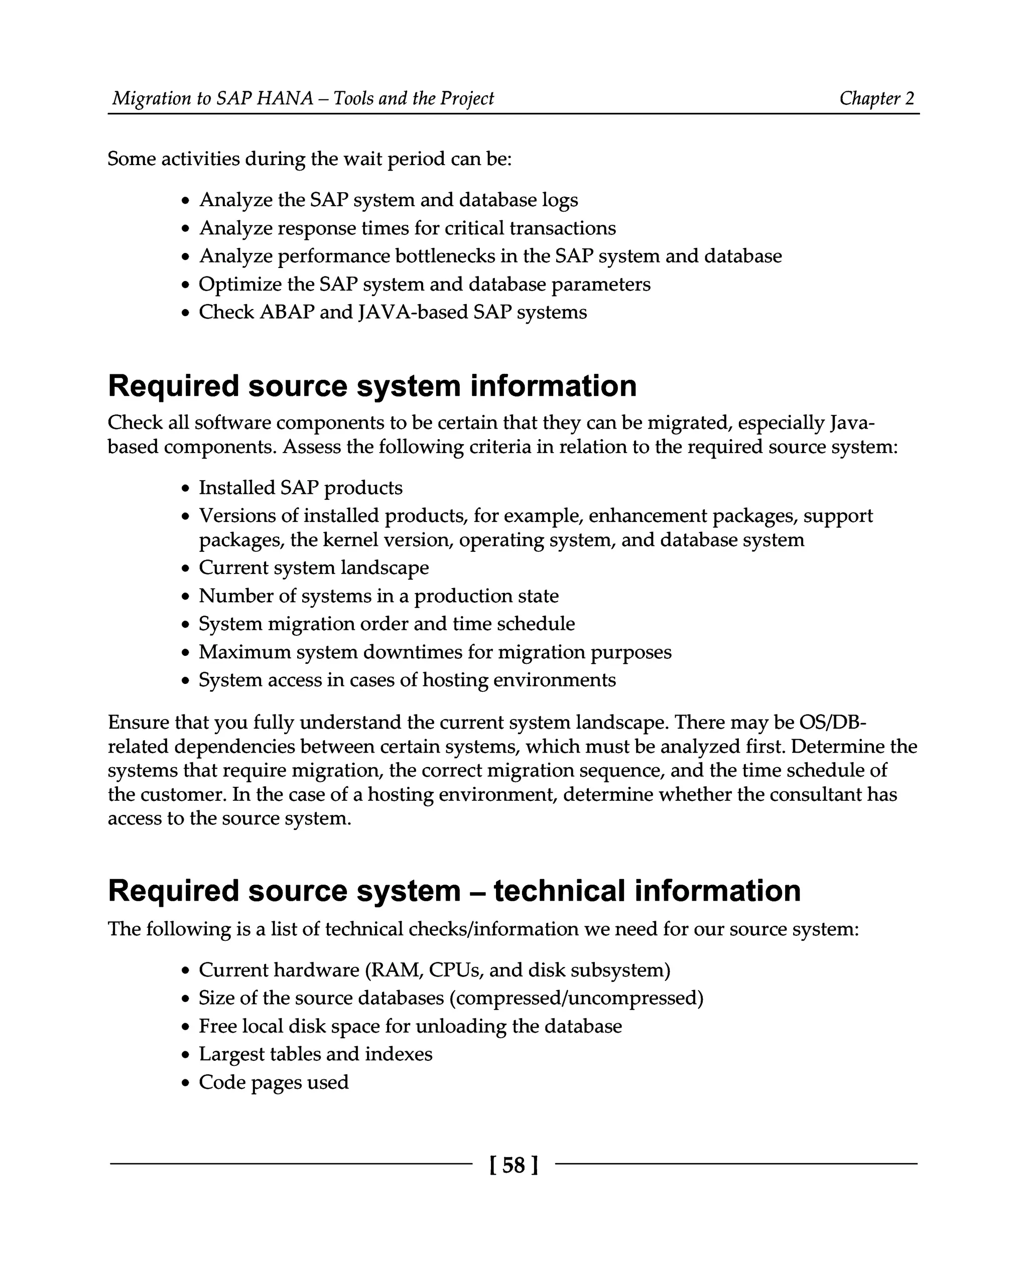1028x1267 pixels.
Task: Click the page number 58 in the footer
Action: [513, 1165]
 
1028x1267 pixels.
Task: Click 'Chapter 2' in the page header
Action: [876, 98]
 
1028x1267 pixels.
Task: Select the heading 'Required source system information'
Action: [372, 386]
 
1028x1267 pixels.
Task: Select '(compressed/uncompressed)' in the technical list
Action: [576, 998]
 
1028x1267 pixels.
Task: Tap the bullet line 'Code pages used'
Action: [273, 1082]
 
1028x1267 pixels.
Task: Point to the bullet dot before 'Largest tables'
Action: [186, 1056]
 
